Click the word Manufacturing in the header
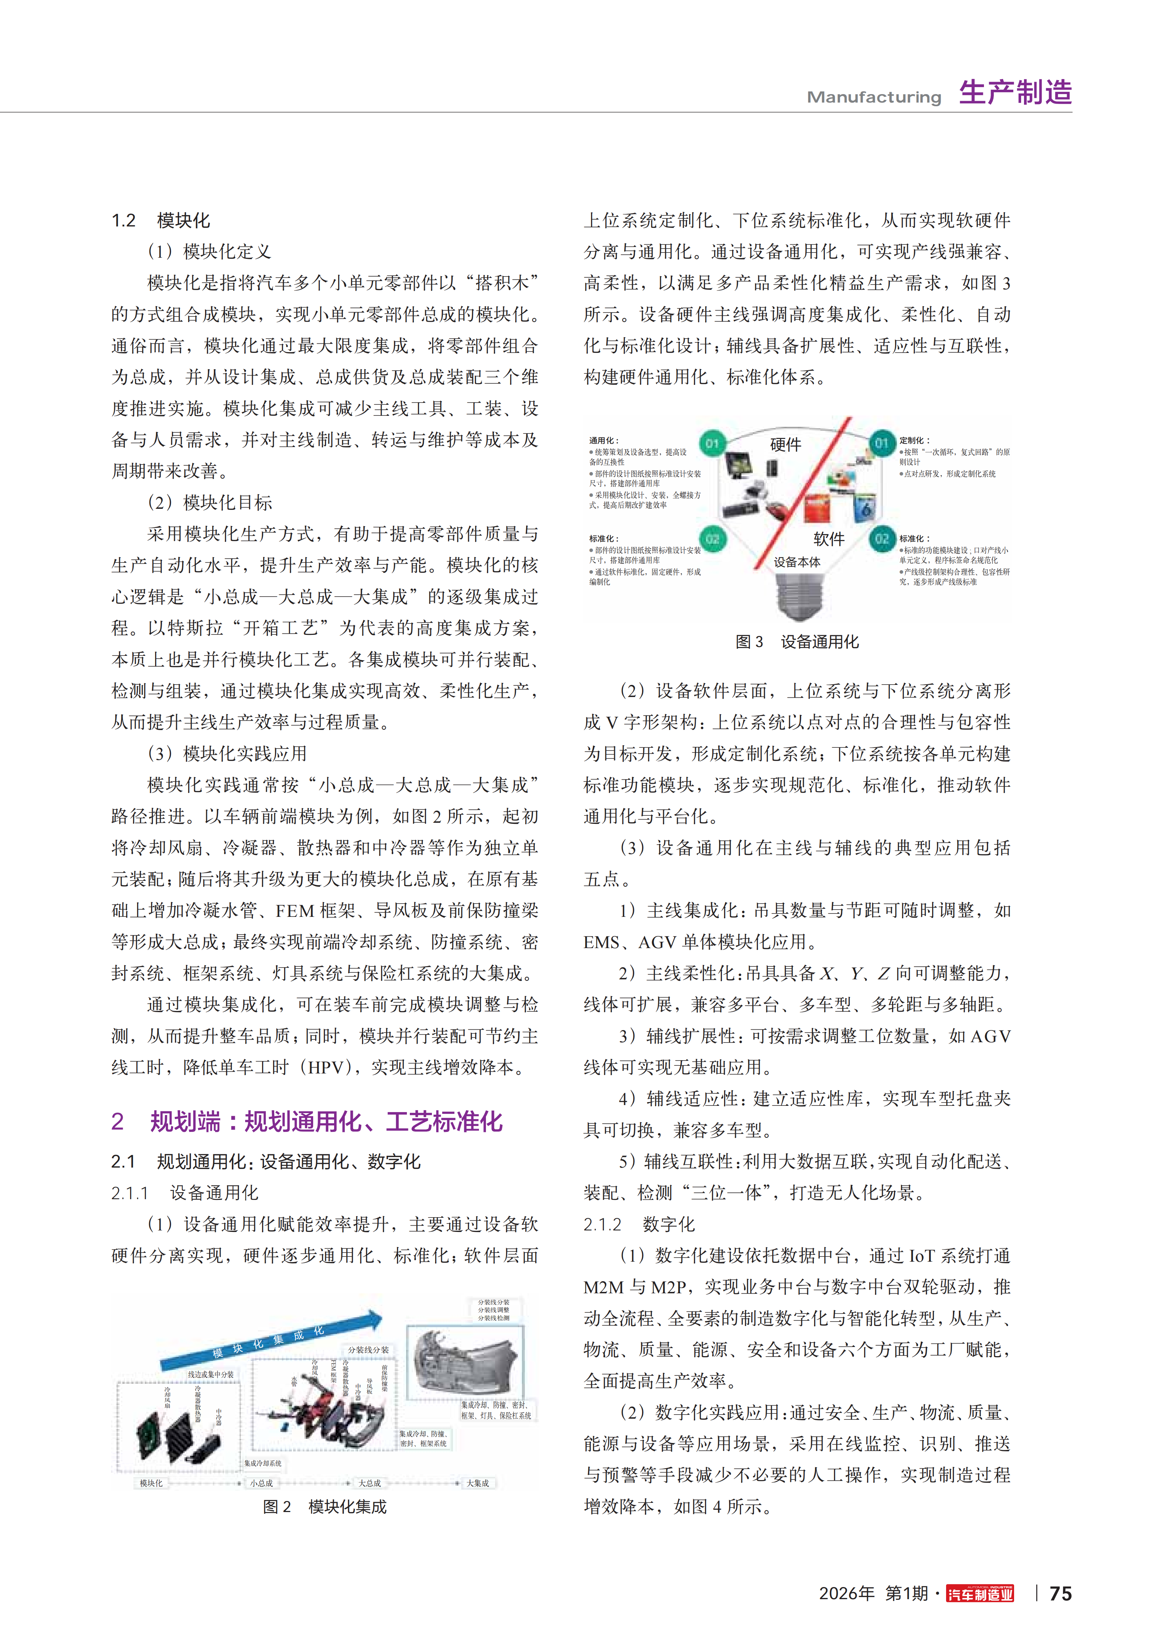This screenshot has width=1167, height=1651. click(x=874, y=97)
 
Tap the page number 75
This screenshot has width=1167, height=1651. click(x=1060, y=1594)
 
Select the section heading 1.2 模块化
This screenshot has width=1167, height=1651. click(x=160, y=220)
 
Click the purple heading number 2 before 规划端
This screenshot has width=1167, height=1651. click(x=118, y=1121)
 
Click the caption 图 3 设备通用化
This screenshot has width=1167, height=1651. click(x=797, y=642)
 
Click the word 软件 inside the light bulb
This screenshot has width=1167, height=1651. click(x=828, y=539)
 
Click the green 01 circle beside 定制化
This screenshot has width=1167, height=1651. click(x=881, y=443)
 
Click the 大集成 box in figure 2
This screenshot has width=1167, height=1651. click(x=477, y=1483)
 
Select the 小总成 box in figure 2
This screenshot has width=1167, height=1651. click(x=261, y=1483)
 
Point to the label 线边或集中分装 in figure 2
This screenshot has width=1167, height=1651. click(x=211, y=1374)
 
